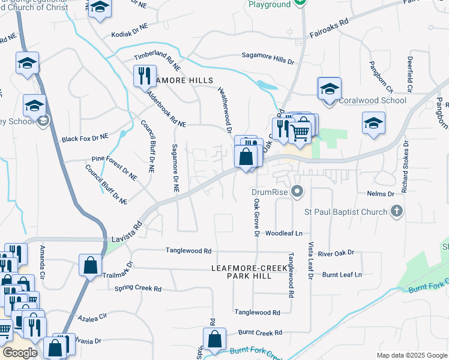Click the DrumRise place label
click(270, 193)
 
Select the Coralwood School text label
click(373, 100)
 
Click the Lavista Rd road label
click(125, 233)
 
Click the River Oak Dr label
click(336, 254)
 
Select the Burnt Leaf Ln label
click(342, 274)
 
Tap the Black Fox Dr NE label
click(85, 139)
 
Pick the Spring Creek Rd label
click(137, 289)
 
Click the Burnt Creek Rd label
click(260, 332)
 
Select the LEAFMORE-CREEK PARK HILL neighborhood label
click(249, 271)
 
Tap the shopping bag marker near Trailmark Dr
click(89, 265)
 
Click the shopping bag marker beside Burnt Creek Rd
click(214, 338)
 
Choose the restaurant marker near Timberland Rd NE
click(144, 76)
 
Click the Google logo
click(20, 353)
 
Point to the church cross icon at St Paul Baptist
click(396, 211)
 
